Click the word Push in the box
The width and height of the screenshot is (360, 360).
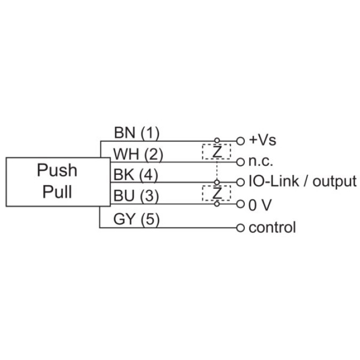point(57,171)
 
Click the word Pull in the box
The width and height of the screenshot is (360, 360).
point(57,191)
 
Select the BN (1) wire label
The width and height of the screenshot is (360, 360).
point(137,132)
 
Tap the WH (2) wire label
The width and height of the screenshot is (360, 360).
point(138,154)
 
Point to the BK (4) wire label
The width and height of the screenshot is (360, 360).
point(137,175)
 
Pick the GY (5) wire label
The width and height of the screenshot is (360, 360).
point(137,219)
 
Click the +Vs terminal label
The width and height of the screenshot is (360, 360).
point(262,141)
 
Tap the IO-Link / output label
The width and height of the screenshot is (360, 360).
point(302,182)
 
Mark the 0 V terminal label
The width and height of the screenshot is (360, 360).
point(260,204)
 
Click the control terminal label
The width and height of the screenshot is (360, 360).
point(272,228)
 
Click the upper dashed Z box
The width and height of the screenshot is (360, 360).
point(216,151)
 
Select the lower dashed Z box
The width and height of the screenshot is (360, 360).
point(216,193)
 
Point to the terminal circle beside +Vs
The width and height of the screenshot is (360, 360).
point(240,141)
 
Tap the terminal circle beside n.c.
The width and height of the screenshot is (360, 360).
point(240,162)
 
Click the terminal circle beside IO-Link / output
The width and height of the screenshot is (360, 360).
point(240,182)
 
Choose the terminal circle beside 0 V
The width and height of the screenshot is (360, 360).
point(240,204)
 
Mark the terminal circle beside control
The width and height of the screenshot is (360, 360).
point(240,228)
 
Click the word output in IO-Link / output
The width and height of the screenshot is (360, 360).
point(334,182)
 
